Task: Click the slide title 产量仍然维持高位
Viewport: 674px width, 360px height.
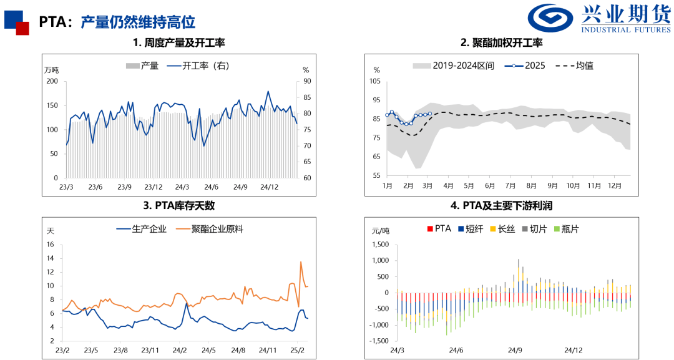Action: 138,22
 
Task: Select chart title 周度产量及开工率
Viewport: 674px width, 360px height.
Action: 178,43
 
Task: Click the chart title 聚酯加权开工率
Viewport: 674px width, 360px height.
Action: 501,43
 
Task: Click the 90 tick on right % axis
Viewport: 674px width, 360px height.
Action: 306,81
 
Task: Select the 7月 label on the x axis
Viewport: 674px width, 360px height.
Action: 510,186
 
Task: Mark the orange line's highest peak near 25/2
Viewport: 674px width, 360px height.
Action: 301,262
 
